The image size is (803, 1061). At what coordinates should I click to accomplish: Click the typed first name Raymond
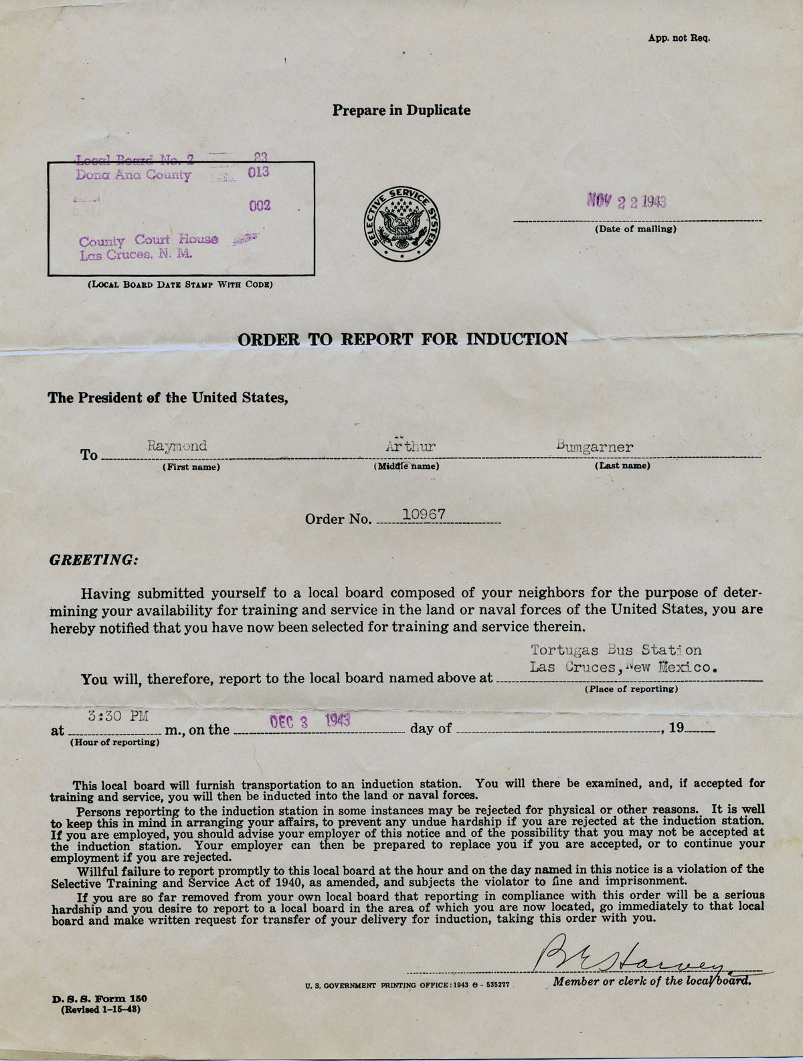pos(177,446)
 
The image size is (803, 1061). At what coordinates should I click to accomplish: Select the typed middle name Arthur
pos(410,446)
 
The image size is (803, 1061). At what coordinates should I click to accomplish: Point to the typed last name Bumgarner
pos(594,447)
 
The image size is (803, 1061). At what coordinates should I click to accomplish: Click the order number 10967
pos(424,514)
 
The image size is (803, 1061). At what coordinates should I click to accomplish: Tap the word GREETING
pos(94,559)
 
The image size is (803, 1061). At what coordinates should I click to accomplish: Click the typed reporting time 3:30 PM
pos(118,716)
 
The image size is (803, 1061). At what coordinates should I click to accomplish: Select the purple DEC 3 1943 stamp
pos(310,721)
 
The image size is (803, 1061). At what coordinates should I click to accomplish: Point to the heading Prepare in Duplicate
pos(401,110)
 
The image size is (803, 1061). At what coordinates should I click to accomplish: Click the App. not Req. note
pos(678,38)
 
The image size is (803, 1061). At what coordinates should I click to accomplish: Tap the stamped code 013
pos(258,172)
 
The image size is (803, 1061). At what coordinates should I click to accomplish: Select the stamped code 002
pos(260,205)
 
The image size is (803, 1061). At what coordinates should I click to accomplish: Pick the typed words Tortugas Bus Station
pos(616,650)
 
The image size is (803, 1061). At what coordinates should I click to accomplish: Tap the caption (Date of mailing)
pos(635,229)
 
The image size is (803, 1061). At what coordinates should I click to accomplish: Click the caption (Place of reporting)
pos(631,688)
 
